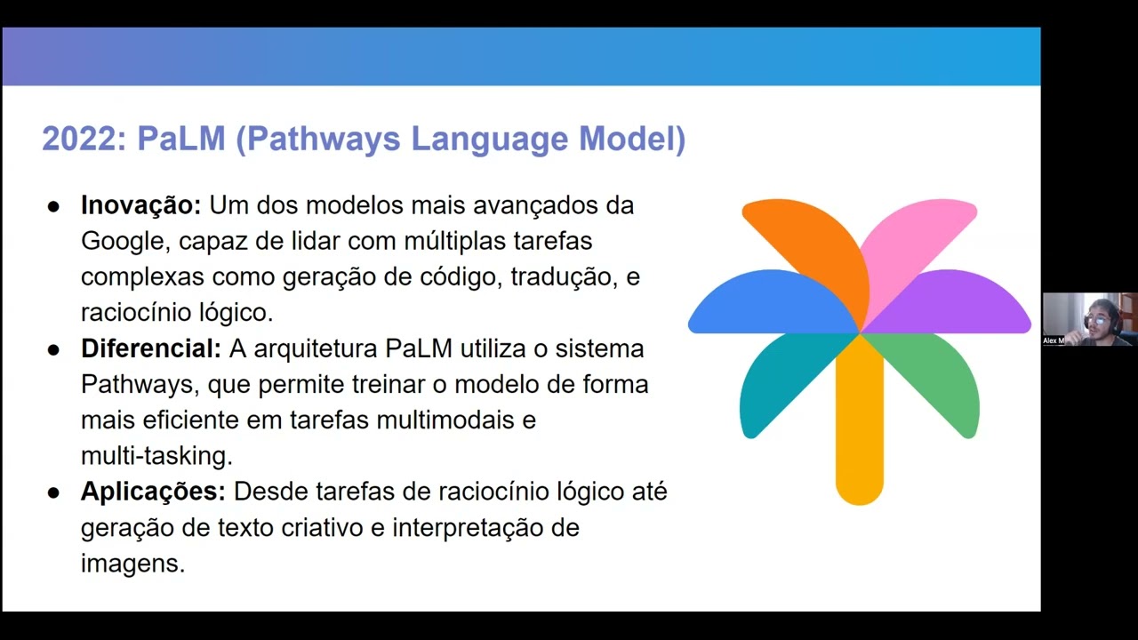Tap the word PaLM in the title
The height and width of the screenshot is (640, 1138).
180,140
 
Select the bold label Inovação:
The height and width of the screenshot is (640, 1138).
141,205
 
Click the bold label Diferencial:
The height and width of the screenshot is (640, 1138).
151,348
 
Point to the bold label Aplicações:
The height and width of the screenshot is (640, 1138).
153,492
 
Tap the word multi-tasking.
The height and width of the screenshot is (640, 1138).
156,456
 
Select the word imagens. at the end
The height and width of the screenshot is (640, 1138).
132,564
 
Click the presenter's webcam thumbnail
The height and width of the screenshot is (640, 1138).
1090,319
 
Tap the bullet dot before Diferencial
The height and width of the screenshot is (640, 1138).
53,349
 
